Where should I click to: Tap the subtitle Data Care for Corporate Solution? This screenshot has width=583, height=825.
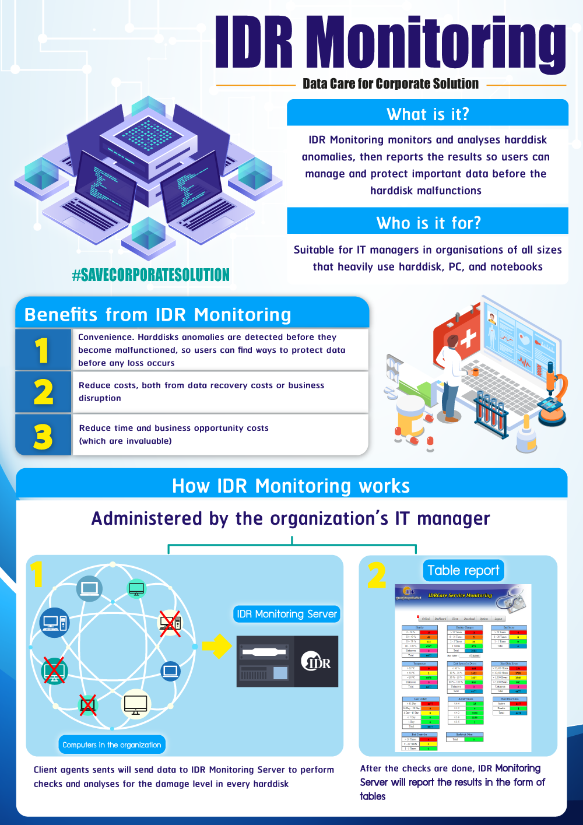[x=391, y=84]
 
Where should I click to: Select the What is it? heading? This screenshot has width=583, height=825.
[x=427, y=114]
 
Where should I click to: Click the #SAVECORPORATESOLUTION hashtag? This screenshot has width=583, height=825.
[x=151, y=275]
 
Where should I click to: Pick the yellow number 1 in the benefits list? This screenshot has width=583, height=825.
[x=42, y=350]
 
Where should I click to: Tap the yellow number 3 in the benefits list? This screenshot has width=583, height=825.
[x=43, y=436]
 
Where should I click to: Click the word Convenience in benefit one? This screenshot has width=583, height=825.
[x=106, y=337]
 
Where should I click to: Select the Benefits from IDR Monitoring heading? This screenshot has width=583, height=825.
[x=157, y=315]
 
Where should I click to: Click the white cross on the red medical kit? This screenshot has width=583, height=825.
[x=468, y=339]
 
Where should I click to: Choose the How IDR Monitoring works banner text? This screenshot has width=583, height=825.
[x=291, y=486]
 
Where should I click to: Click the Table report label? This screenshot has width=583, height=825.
[x=463, y=570]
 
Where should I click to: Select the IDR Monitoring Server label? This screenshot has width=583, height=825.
[x=287, y=614]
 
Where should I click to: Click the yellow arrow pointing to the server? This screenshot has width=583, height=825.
[x=217, y=646]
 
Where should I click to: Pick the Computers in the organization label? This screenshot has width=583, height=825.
[x=112, y=745]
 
